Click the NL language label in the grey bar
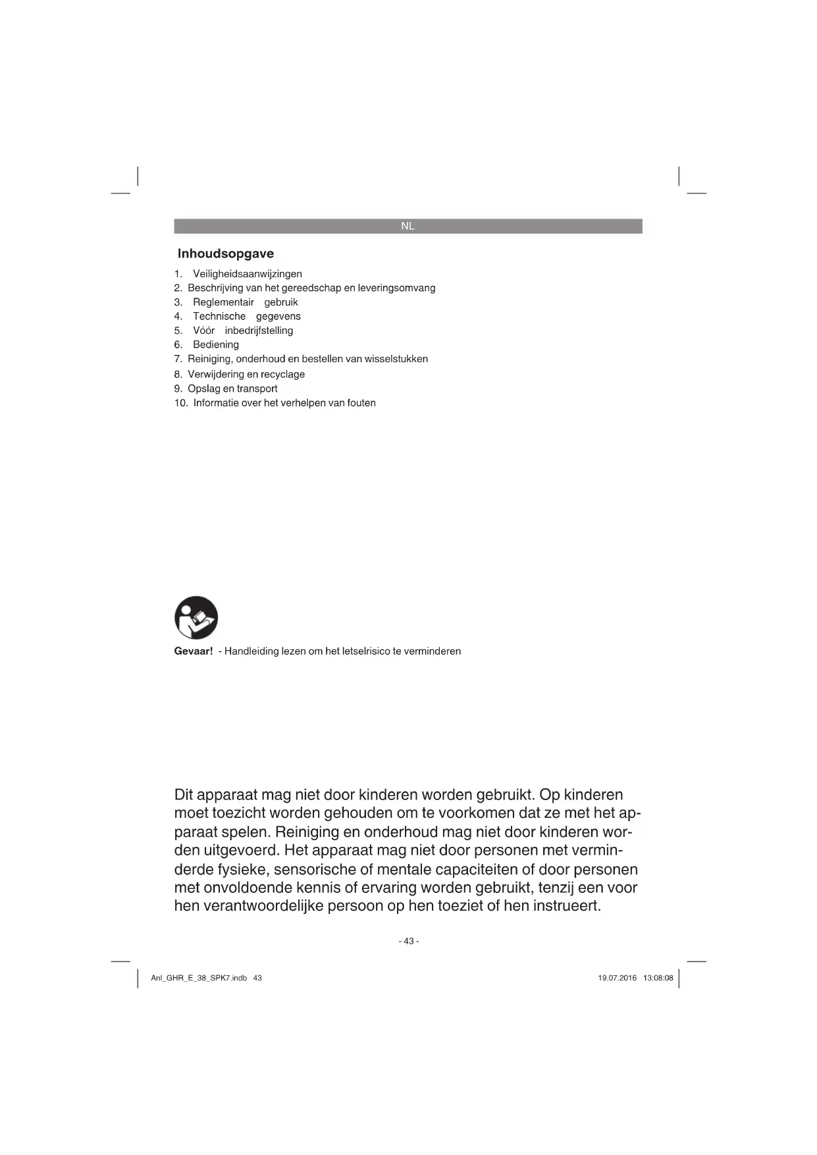(x=408, y=226)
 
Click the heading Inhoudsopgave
(x=226, y=254)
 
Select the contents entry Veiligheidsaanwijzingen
(x=248, y=274)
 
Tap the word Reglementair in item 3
(x=223, y=302)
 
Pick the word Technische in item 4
(x=219, y=316)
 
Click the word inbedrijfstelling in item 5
(x=259, y=331)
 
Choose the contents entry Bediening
(x=216, y=344)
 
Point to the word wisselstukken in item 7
(x=396, y=359)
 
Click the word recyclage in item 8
(x=282, y=374)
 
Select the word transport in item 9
(x=257, y=389)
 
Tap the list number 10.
(x=181, y=403)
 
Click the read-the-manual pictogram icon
(x=196, y=618)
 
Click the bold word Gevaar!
(x=194, y=651)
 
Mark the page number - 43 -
(x=408, y=941)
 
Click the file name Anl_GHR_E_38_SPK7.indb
(x=199, y=978)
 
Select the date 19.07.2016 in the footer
(x=618, y=978)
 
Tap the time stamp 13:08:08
(x=658, y=978)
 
